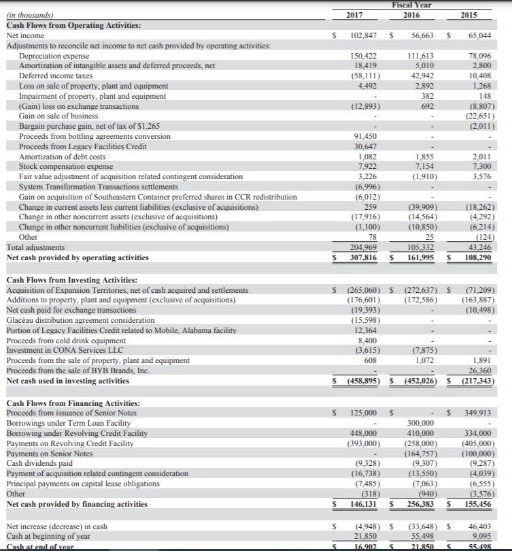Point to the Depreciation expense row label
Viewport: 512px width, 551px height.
[x=54, y=55]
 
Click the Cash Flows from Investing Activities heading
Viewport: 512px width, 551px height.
[x=71, y=280]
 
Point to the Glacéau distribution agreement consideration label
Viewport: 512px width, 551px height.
[x=80, y=320]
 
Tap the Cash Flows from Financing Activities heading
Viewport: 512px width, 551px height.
[x=73, y=403]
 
